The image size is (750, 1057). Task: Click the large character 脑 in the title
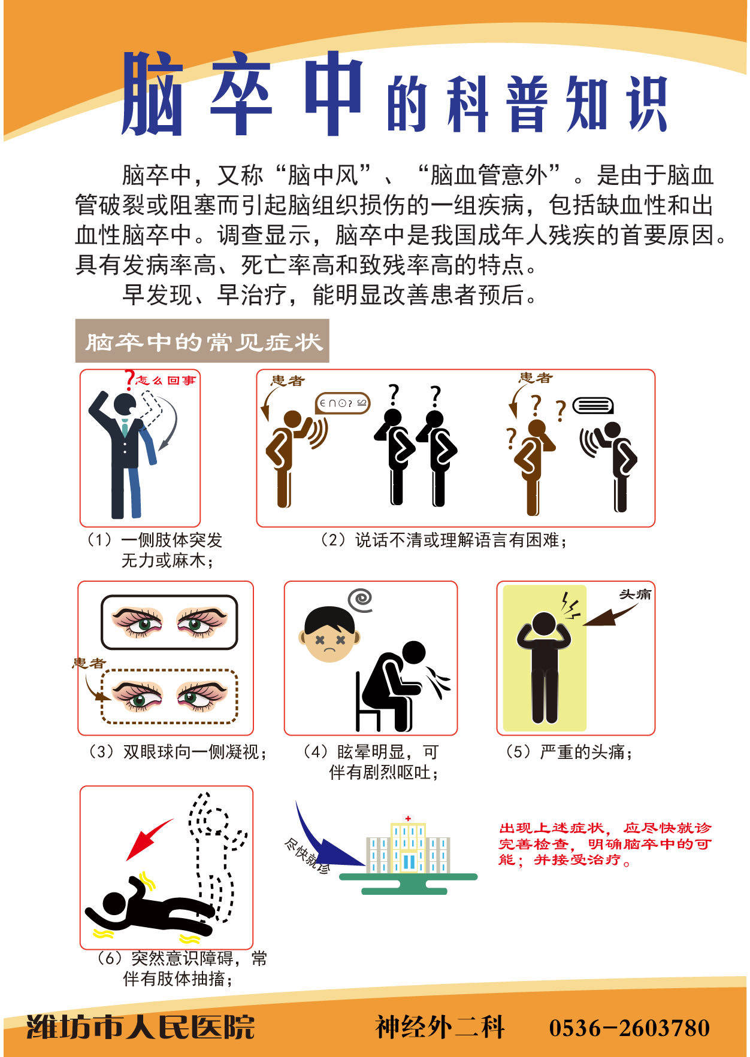coord(152,93)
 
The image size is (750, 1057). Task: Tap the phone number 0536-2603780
coord(630,1028)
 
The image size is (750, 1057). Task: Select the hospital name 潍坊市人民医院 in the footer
coord(140,1027)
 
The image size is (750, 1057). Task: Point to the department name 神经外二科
coord(440,1027)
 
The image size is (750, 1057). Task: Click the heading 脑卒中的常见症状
coord(203,342)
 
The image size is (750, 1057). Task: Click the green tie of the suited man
coord(124,427)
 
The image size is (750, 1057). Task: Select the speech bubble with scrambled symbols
coord(343,403)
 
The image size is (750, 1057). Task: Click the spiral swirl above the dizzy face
coord(361,599)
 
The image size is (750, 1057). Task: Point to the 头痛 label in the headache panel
coord(635,594)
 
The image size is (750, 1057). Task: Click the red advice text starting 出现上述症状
coord(605,844)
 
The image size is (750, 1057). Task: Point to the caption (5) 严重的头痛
coord(570,752)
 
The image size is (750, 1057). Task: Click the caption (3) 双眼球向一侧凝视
coord(177,752)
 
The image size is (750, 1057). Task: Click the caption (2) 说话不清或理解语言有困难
coord(444,540)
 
